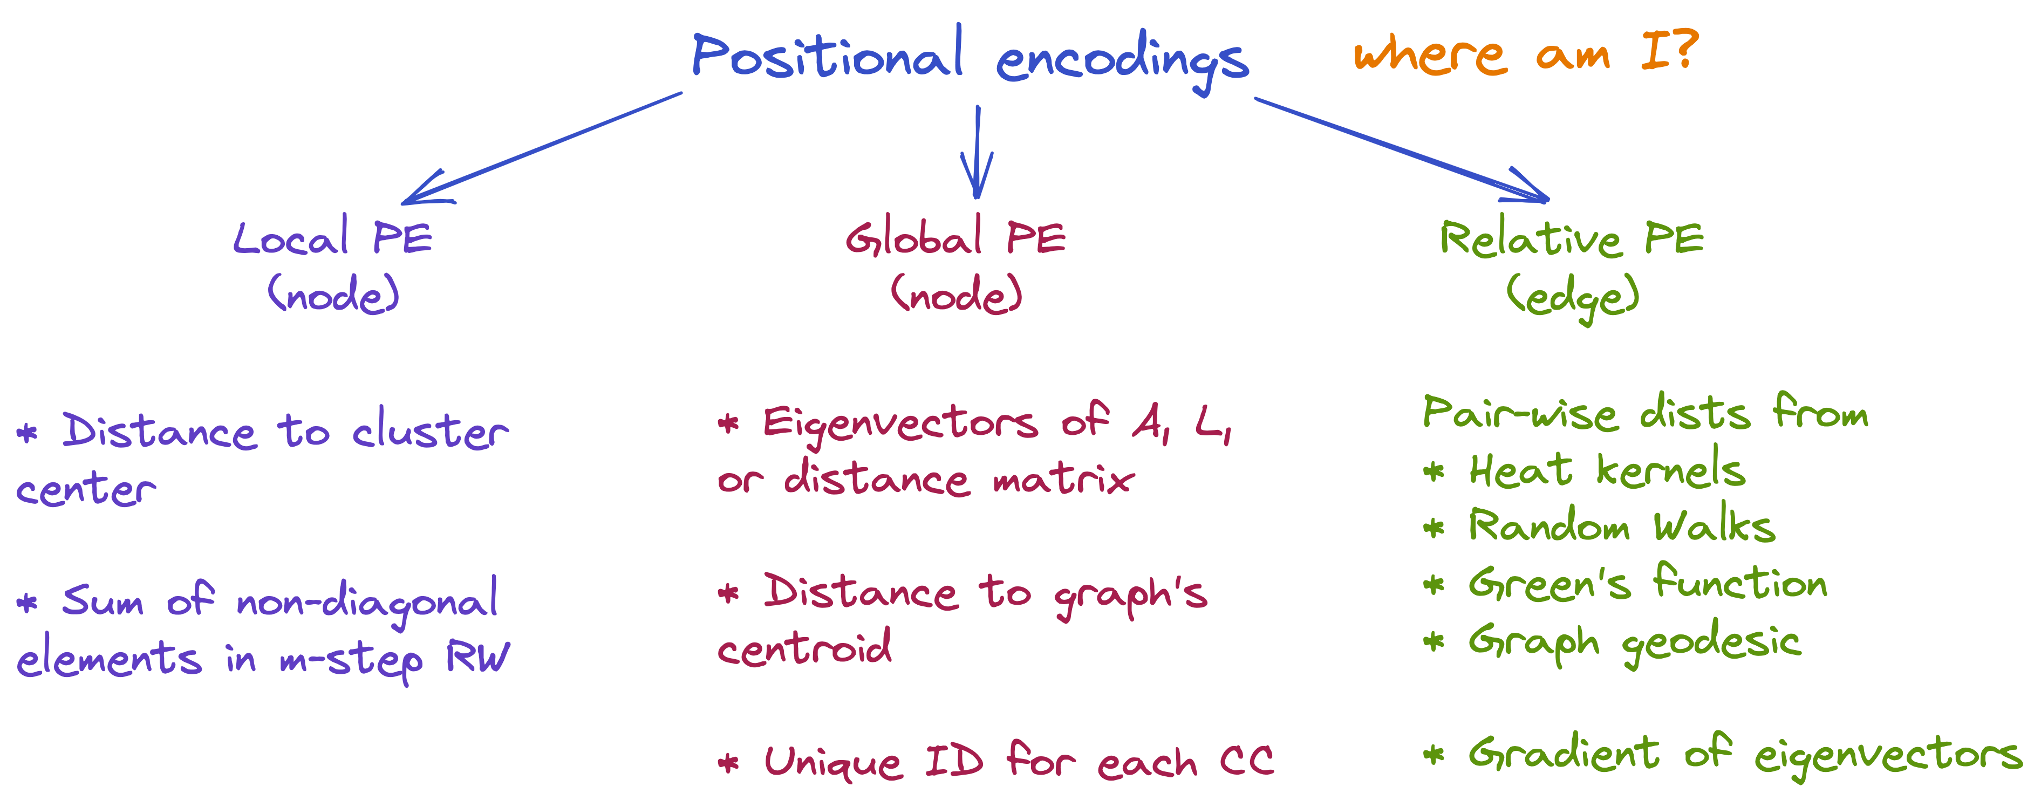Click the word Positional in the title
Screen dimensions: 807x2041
click(827, 56)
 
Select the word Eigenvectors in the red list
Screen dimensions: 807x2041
click(900, 423)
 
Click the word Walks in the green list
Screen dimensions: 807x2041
click(1714, 526)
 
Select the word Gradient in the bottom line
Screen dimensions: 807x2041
click(1563, 753)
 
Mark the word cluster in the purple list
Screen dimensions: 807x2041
click(430, 433)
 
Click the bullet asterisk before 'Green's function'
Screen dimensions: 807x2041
click(1434, 585)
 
